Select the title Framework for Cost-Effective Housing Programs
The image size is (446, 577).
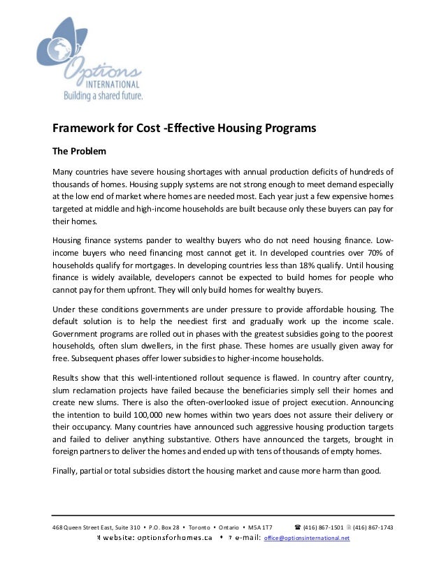(x=185, y=129)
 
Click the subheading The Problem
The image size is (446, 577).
(x=80, y=151)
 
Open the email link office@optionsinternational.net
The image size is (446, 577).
(x=307, y=539)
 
